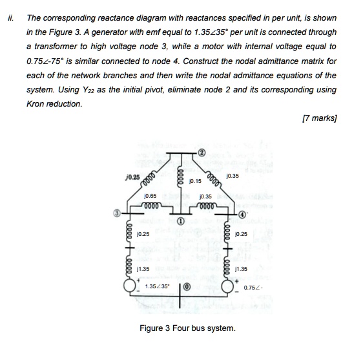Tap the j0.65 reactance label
(x=150, y=195)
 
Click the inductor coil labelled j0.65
(x=150, y=206)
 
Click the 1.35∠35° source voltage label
(x=158, y=286)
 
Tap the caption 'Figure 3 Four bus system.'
(x=187, y=328)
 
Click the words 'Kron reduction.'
(x=54, y=104)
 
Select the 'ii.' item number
(x=8, y=19)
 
